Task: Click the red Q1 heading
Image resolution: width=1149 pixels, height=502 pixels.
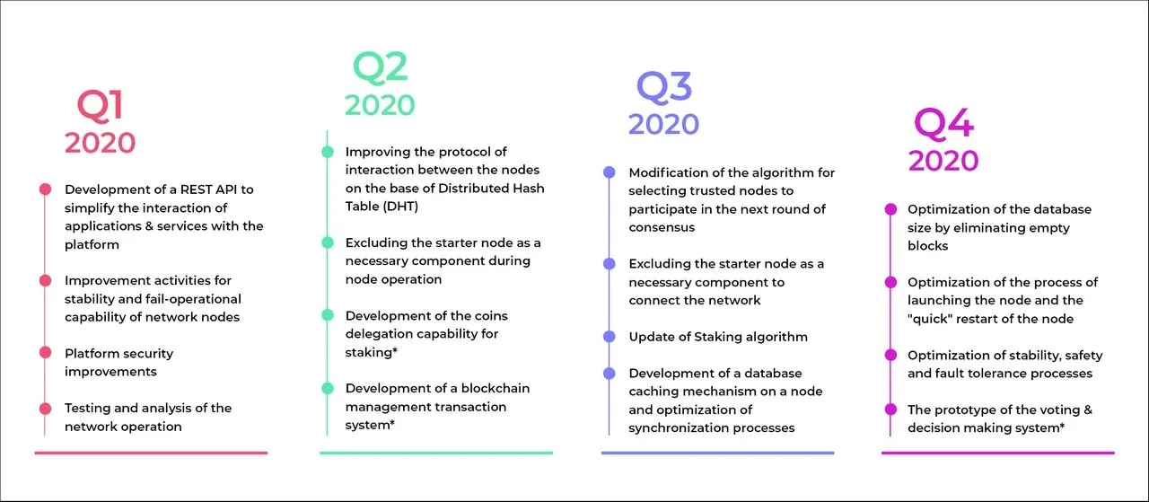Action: pos(100,106)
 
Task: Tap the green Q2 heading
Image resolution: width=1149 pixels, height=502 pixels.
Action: pos(380,67)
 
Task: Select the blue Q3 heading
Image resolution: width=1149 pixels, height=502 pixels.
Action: pos(664,87)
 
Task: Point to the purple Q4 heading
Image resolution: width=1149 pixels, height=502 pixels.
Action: pos(943,124)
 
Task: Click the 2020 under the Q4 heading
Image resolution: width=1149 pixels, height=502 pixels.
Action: pos(943,161)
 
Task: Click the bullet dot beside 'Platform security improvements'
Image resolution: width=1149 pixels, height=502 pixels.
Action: pos(45,353)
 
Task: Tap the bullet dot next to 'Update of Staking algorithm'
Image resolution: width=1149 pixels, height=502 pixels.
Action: pos(609,337)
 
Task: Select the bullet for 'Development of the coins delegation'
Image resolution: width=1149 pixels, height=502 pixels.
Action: pos(328,315)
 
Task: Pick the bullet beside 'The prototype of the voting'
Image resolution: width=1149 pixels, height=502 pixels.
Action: pos(890,410)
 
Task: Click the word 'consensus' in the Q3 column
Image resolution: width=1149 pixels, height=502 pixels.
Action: pos(662,227)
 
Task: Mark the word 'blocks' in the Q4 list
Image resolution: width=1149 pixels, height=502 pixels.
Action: pos(927,246)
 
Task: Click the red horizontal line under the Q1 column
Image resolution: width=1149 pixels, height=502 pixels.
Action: pos(152,453)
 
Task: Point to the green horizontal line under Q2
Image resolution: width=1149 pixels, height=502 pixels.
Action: pos(436,453)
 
